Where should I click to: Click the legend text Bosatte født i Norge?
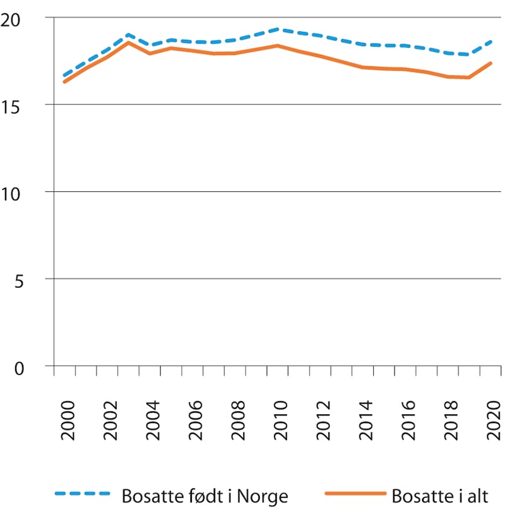204,496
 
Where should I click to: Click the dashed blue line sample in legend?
83,496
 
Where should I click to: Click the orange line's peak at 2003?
128,42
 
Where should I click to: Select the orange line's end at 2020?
491,63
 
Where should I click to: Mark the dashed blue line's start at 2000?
65,76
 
